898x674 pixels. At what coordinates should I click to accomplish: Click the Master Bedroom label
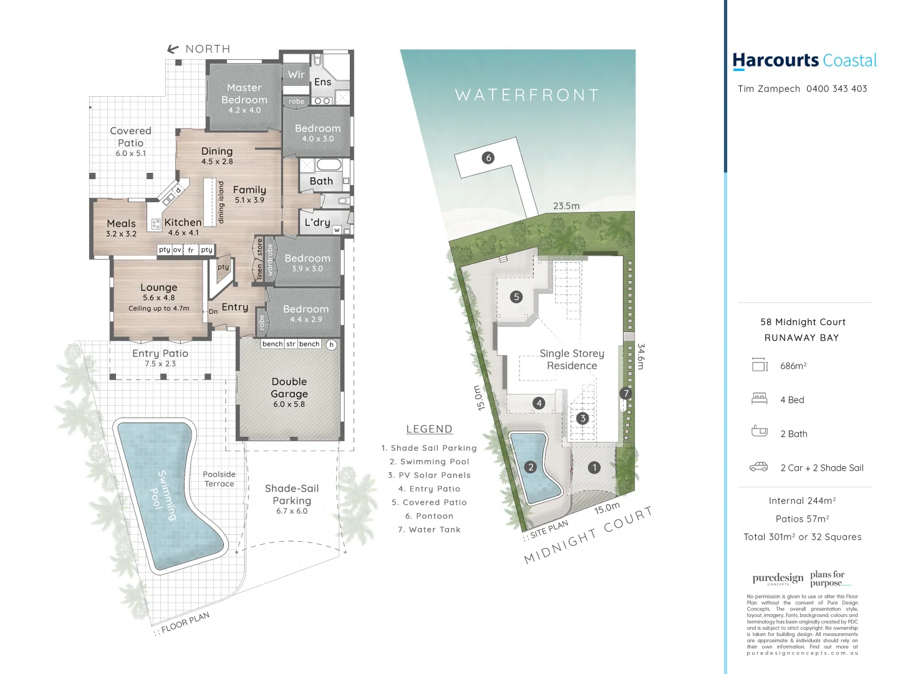244,94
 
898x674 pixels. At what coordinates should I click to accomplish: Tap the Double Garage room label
289,388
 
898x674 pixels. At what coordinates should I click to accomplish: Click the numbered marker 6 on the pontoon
488,158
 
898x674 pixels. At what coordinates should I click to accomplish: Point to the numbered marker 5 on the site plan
516,297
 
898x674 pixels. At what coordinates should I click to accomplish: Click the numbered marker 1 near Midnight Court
594,467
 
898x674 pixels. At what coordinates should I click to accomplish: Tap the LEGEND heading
429,429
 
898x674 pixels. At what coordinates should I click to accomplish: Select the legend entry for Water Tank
429,530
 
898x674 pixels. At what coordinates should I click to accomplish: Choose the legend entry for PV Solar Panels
429,476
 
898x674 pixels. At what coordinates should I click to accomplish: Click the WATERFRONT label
527,95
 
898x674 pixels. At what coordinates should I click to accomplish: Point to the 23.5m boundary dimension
566,206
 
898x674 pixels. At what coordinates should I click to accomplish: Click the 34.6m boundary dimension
641,356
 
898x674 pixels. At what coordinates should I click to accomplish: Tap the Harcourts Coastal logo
804,61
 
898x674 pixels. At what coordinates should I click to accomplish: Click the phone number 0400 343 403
836,89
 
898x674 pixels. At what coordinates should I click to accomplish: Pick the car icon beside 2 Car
758,467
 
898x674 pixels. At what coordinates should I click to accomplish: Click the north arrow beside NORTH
173,49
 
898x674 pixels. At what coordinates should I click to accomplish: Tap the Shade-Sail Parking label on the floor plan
292,495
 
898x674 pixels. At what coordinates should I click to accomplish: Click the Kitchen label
183,223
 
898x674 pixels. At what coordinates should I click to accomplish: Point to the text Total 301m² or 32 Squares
803,537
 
